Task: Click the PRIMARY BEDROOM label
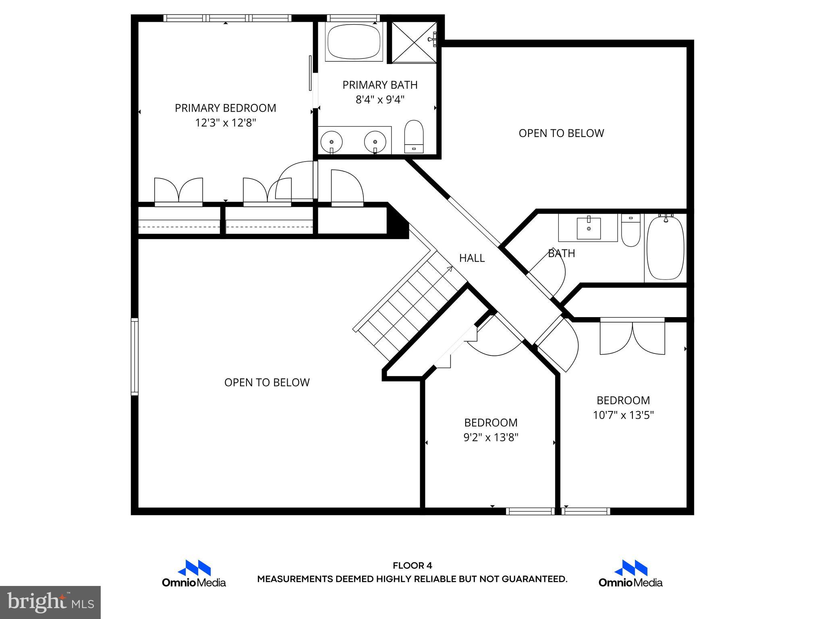[x=225, y=108]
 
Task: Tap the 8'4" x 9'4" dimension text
[x=380, y=100]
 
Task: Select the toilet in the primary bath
[x=414, y=137]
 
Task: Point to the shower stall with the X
[x=413, y=42]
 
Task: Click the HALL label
[x=472, y=258]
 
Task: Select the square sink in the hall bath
[x=589, y=228]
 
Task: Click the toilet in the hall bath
[x=630, y=231]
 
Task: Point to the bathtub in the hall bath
[x=665, y=247]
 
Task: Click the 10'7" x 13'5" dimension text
[x=623, y=415]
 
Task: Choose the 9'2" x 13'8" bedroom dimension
[x=491, y=437]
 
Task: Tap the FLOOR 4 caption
[x=412, y=565]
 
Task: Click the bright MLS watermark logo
[x=50, y=602]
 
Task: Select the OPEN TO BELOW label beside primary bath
[x=561, y=133]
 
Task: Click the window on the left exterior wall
[x=135, y=355]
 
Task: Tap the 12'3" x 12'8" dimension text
[x=225, y=123]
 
